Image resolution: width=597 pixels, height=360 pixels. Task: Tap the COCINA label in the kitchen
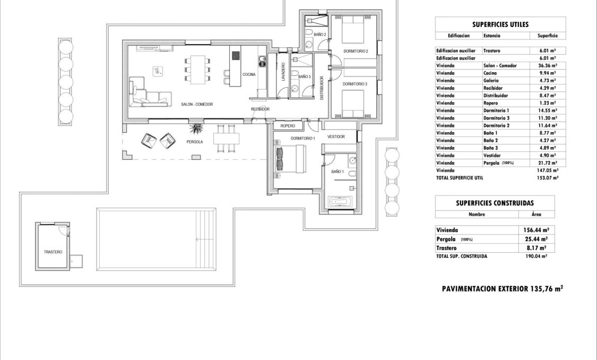click(x=249, y=75)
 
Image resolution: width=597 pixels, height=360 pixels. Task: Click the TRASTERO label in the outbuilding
click(x=53, y=252)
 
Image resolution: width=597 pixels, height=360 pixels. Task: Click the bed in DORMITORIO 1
click(x=289, y=158)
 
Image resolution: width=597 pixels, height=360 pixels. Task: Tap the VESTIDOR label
click(x=336, y=137)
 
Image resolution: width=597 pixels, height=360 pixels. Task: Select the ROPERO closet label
click(x=288, y=126)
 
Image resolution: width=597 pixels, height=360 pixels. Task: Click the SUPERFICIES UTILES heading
click(x=500, y=24)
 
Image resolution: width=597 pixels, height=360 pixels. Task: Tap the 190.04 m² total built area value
click(x=537, y=256)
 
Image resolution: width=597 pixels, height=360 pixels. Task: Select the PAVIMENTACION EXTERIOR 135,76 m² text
click(x=502, y=289)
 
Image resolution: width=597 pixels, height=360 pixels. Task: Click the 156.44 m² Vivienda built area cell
click(x=537, y=230)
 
